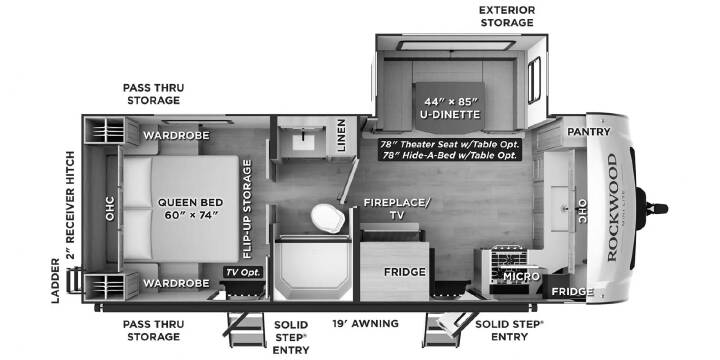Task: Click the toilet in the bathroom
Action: [x=328, y=218]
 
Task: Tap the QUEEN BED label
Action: [x=191, y=208]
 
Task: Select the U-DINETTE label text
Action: [x=450, y=114]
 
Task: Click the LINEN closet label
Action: [x=341, y=135]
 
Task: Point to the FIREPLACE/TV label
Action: [x=397, y=208]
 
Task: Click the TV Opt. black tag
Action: [x=243, y=272]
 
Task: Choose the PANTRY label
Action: [x=589, y=132]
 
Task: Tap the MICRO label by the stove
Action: [x=521, y=276]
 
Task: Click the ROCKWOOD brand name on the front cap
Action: [x=612, y=208]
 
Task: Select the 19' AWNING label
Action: [x=366, y=324]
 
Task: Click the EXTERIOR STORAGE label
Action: [x=507, y=16]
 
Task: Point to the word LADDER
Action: [x=56, y=281]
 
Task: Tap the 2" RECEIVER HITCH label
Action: [x=70, y=205]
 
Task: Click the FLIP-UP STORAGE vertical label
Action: [x=247, y=209]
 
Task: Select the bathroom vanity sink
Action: [x=304, y=142]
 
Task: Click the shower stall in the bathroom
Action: [x=314, y=269]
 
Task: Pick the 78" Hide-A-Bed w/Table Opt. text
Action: [x=450, y=155]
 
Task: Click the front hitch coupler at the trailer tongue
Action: [x=654, y=209]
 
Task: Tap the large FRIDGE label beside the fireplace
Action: [x=405, y=272]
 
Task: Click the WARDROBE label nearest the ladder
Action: [x=176, y=283]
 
